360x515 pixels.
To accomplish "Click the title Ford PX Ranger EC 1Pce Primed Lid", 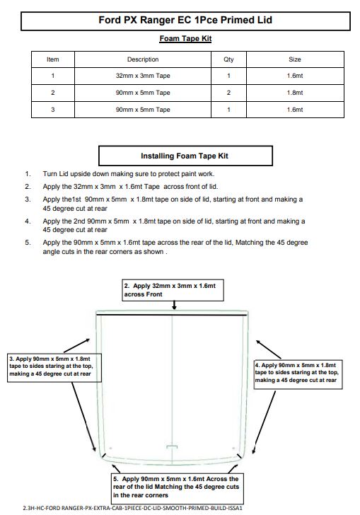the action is pyautogui.click(x=185, y=20).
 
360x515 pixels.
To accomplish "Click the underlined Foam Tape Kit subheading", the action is pyautogui.click(x=185, y=39).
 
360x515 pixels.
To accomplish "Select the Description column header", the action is pyautogui.click(x=143, y=59).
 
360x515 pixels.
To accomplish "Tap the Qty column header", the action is pyautogui.click(x=228, y=59).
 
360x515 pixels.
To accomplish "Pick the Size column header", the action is pyautogui.click(x=295, y=59).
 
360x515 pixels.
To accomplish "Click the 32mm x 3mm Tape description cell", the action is pyautogui.click(x=143, y=76).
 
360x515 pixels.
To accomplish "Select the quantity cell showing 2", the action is pyautogui.click(x=228, y=93).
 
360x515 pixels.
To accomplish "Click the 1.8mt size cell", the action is pyautogui.click(x=295, y=93).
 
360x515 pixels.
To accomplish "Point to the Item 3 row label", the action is pyautogui.click(x=53, y=110).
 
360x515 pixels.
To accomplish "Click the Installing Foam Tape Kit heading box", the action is pyautogui.click(x=185, y=156).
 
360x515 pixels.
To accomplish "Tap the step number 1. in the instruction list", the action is pyautogui.click(x=28, y=174).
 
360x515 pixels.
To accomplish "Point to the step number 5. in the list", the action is pyautogui.click(x=28, y=243).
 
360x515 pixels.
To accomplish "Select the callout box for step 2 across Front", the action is pyautogui.click(x=173, y=290).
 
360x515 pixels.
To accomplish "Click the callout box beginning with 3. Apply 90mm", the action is pyautogui.click(x=54, y=368).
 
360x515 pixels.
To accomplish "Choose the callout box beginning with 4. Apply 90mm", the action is pyautogui.click(x=298, y=374).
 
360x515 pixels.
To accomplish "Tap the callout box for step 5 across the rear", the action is pyautogui.click(x=178, y=487).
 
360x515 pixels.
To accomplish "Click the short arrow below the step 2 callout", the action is pyautogui.click(x=175, y=305).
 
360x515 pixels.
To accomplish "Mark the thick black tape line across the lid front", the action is pyautogui.click(x=171, y=315).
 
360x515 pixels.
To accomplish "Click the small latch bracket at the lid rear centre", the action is pyautogui.click(x=172, y=447).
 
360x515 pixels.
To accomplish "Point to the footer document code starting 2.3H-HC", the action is pyautogui.click(x=133, y=508).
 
